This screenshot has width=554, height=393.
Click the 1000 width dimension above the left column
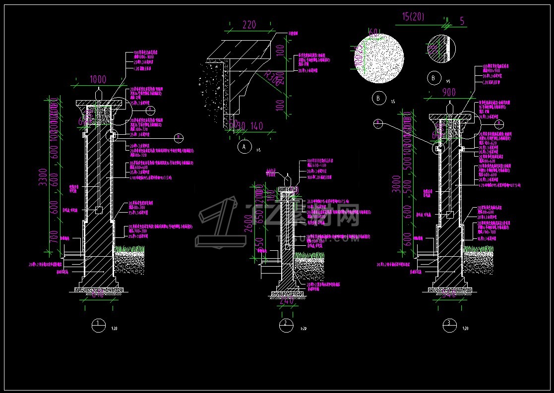(98, 79)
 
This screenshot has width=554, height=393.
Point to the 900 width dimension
(449, 92)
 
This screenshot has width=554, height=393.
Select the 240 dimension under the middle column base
(286, 300)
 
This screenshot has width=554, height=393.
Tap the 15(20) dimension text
(413, 17)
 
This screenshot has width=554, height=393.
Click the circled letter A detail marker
(244, 147)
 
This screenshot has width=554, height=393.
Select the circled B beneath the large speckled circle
(379, 98)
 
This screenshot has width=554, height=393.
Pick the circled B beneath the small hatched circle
(433, 78)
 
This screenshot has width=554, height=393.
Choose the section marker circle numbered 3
(449, 325)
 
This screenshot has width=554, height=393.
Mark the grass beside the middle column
(309, 255)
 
